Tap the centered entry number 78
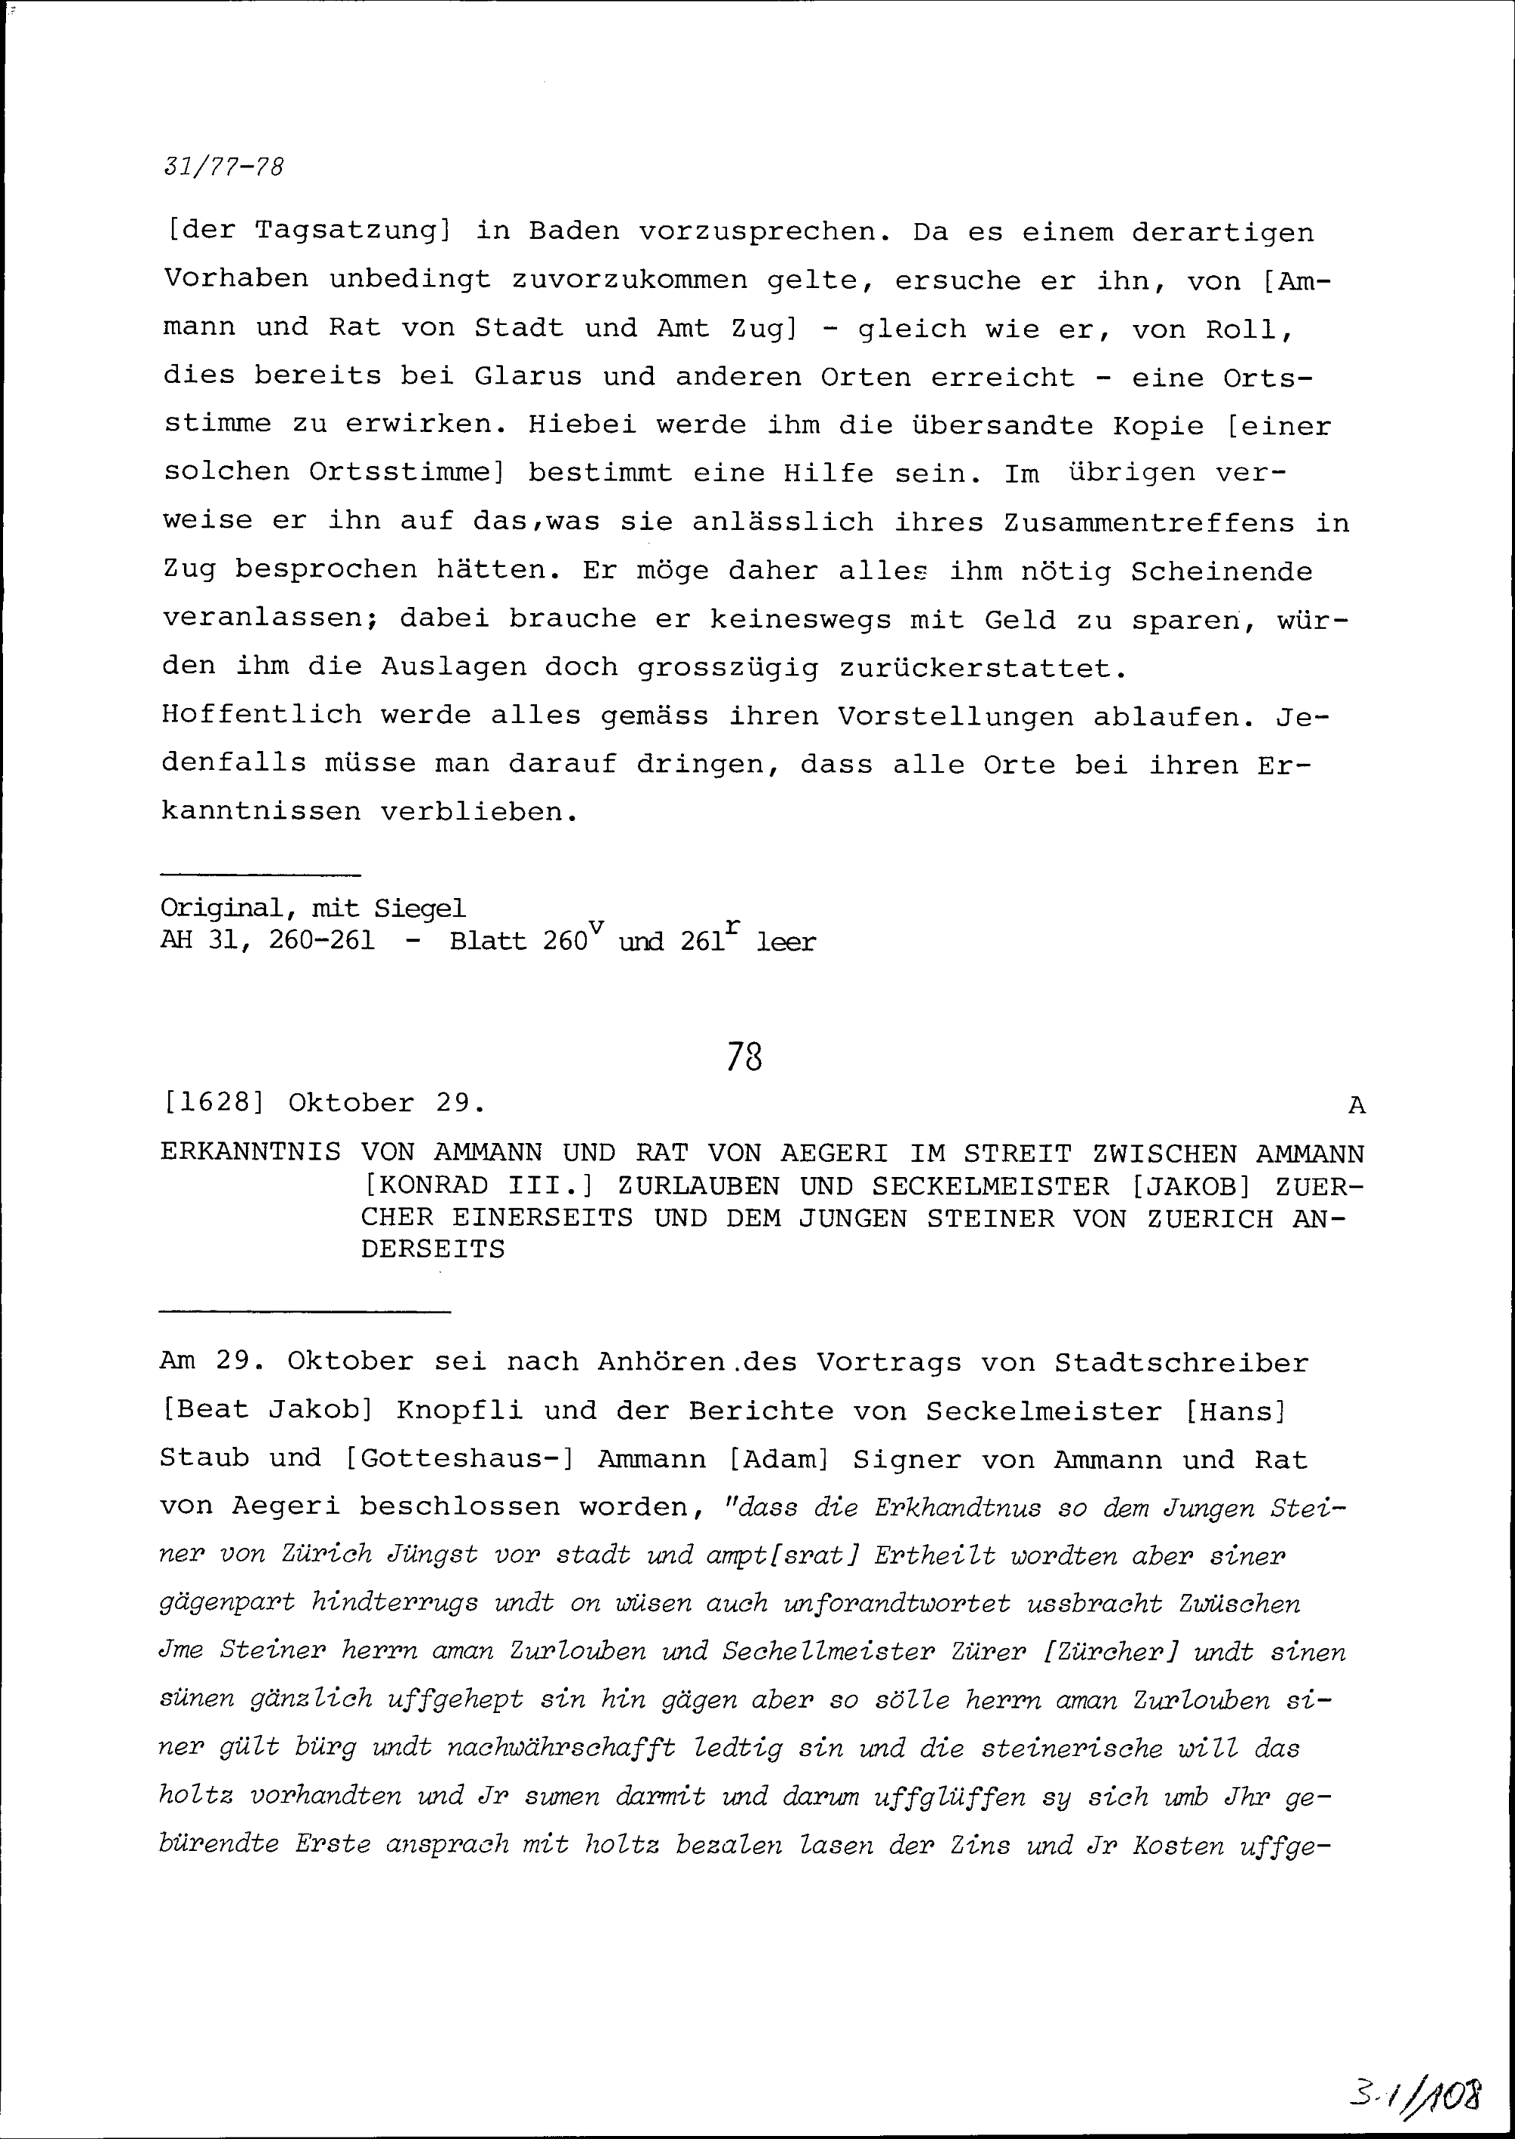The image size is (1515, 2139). pyautogui.click(x=745, y=1057)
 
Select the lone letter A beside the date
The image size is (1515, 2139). pyautogui.click(x=1357, y=1106)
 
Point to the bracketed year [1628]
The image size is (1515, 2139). pyautogui.click(x=214, y=1103)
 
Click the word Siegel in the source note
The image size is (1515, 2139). pyautogui.click(x=419, y=907)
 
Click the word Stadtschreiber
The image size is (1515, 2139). pyautogui.click(x=1182, y=1363)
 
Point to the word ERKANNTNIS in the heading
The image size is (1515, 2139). pyautogui.click(x=250, y=1154)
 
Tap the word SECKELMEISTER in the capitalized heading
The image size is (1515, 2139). pyautogui.click(x=991, y=1186)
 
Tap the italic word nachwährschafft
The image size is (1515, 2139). pyautogui.click(x=561, y=1748)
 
